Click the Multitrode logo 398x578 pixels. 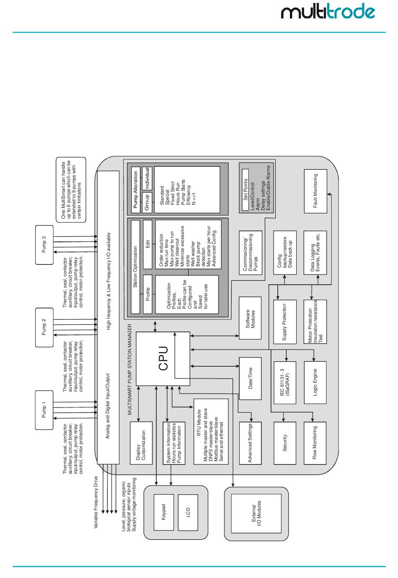(x=328, y=12)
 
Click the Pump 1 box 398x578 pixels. (x=44, y=410)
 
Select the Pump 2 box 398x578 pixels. (x=44, y=327)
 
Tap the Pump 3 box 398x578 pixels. (x=44, y=245)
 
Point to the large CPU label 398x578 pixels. (x=163, y=358)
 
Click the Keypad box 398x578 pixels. (x=163, y=512)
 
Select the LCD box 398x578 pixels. (x=188, y=512)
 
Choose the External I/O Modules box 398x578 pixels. (x=256, y=513)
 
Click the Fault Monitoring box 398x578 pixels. (x=315, y=191)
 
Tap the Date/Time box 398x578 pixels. (x=250, y=378)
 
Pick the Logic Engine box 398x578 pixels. (x=315, y=382)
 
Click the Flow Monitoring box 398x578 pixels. (x=315, y=443)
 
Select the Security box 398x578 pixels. (x=285, y=443)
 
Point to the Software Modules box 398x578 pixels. (x=250, y=319)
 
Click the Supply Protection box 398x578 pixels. (x=285, y=321)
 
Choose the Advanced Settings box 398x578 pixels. (x=250, y=443)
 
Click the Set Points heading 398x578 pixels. (x=246, y=190)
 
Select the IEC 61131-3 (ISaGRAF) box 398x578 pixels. (x=285, y=383)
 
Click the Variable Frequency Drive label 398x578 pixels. (x=96, y=502)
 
